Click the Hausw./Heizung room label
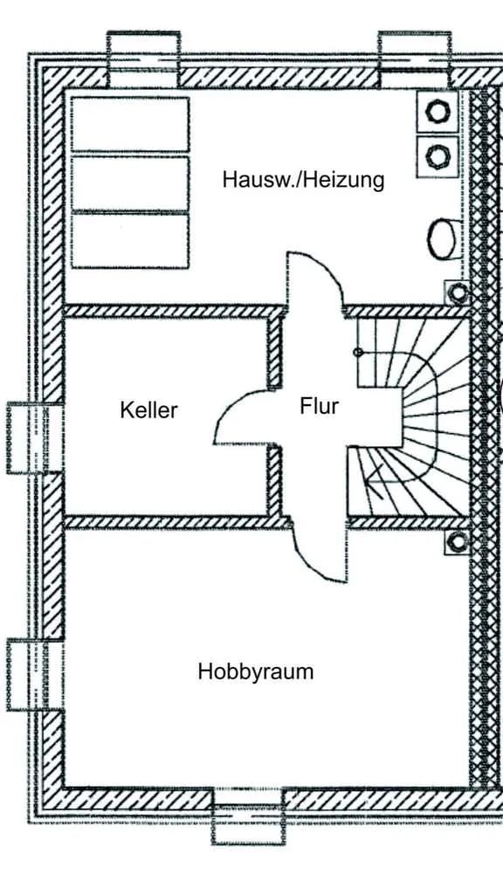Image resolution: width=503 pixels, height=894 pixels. coord(303,180)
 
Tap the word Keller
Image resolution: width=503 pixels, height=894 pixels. coord(148,410)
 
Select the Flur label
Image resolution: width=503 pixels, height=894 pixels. coord(320,407)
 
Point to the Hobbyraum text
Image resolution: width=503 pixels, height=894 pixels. coord(256,671)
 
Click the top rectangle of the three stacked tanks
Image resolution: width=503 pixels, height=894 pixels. coord(130,124)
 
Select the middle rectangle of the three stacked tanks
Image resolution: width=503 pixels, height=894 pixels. coord(130,183)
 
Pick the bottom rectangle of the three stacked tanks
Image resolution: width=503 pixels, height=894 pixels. coord(130,241)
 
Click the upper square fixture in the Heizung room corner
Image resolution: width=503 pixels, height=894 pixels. coord(438,111)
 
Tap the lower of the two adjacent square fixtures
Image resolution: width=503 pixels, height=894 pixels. coord(438,155)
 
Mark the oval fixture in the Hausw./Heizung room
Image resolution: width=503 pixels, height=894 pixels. coord(441,239)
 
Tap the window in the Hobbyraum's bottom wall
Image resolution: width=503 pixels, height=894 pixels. coord(248,816)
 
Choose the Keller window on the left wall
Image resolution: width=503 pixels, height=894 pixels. coord(34,438)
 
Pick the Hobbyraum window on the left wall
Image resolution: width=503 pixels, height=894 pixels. coord(34,675)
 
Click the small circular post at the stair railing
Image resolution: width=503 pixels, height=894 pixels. coord(358,353)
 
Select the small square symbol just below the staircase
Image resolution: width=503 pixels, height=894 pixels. coord(457,541)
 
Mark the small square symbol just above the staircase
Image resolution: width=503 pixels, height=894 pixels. coord(457,293)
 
